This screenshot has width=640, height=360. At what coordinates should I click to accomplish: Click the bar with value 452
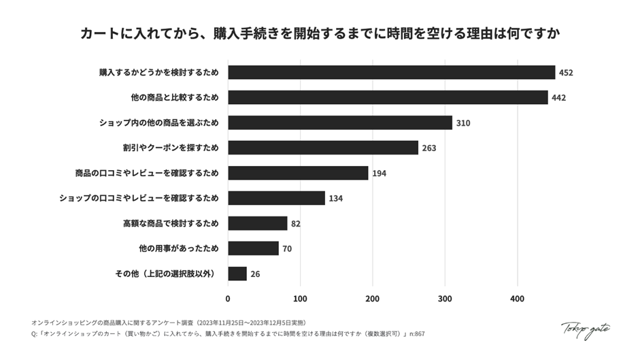[x=391, y=72]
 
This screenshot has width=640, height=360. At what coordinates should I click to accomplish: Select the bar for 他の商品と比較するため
[x=388, y=97]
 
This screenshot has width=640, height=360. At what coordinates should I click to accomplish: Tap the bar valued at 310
[x=340, y=122]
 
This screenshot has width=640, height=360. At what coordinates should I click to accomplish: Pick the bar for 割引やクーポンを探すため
[x=323, y=148]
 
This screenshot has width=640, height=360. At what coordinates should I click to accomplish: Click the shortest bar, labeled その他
[x=237, y=274]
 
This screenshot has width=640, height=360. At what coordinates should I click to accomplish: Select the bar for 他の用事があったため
[x=253, y=248]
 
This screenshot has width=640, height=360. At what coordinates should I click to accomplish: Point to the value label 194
[x=379, y=174]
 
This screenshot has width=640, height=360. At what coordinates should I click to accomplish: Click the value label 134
[x=335, y=199]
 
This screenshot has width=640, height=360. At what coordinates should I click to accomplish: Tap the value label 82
[x=295, y=224]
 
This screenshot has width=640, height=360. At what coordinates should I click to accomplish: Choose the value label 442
[x=558, y=98]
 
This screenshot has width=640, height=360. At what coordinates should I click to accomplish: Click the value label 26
[x=254, y=274]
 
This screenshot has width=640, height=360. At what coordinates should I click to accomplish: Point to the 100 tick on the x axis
[x=300, y=298]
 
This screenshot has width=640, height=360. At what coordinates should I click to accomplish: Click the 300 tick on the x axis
[x=445, y=298]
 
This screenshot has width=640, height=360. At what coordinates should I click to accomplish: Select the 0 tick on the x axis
[x=228, y=298]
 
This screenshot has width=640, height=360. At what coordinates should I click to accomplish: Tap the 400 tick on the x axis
[x=517, y=298]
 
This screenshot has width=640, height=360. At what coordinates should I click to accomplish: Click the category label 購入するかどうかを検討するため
[x=158, y=72]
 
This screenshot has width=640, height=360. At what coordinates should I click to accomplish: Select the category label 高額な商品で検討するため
[x=171, y=223]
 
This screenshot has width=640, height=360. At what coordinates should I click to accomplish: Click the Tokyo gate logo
[x=586, y=329]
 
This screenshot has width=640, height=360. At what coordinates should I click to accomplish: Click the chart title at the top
[x=320, y=33]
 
